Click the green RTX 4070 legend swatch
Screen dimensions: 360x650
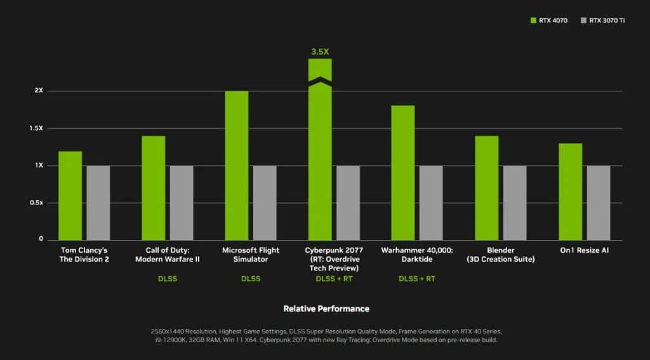[533, 21]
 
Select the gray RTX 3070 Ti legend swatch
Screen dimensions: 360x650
[583, 21]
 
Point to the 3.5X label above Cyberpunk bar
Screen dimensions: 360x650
[320, 51]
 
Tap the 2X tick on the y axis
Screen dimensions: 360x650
[39, 91]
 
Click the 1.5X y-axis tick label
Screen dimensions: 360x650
[36, 128]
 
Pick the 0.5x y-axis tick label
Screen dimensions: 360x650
[36, 203]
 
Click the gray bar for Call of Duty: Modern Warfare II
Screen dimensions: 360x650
[182, 203]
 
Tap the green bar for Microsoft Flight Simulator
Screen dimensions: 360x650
[237, 166]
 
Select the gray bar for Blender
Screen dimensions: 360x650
[515, 203]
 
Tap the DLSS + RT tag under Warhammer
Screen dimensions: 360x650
[417, 279]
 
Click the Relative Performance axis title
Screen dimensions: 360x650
[326, 309]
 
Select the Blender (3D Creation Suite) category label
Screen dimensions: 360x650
[501, 255]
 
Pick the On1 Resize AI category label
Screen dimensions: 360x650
[584, 250]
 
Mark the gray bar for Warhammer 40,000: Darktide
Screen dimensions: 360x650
[431, 203]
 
